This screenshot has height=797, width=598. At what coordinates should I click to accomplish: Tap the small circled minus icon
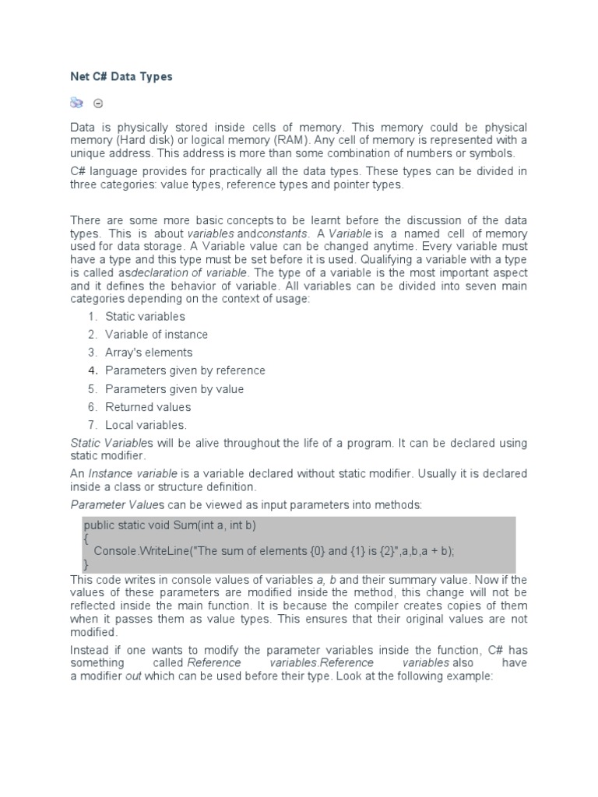98,103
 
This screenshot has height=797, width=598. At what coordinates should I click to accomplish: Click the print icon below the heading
77,102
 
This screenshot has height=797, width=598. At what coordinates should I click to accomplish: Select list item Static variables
145,316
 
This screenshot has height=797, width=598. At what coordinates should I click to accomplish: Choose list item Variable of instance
157,334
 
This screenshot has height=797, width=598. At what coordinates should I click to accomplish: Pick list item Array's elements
149,353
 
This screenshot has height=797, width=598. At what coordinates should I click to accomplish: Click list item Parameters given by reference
185,370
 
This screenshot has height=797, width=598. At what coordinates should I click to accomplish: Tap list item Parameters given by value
174,389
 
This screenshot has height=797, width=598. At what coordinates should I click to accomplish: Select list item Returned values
148,407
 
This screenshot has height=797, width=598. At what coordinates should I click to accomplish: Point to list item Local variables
146,425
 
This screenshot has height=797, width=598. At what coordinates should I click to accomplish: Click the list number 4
92,370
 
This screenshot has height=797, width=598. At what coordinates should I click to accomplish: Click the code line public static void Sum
170,525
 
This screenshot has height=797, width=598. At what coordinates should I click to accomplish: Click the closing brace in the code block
86,563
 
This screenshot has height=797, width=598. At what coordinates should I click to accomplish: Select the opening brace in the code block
86,538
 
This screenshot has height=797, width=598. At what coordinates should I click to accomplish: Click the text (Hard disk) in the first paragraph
142,140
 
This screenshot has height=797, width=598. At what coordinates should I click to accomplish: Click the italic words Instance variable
133,473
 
